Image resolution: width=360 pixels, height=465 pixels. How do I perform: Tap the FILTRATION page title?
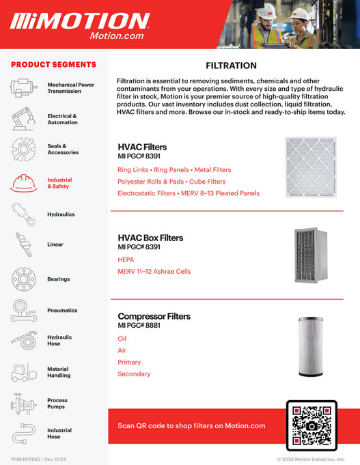(x=231, y=66)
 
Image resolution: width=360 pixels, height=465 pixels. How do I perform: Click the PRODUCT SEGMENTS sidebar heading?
(x=53, y=65)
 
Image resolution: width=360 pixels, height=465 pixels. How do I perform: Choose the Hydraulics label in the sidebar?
(x=61, y=214)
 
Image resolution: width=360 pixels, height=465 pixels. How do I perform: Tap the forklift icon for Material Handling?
(x=23, y=372)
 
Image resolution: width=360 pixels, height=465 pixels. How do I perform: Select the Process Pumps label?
(x=57, y=404)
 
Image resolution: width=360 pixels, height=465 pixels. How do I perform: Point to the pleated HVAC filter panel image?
(x=311, y=167)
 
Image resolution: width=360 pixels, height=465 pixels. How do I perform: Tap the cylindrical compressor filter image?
(x=311, y=346)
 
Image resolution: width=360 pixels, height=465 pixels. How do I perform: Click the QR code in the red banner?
(x=311, y=425)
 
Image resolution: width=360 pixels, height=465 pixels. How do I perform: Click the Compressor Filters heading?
(x=154, y=316)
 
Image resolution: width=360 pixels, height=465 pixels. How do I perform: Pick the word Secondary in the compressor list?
(x=134, y=374)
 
